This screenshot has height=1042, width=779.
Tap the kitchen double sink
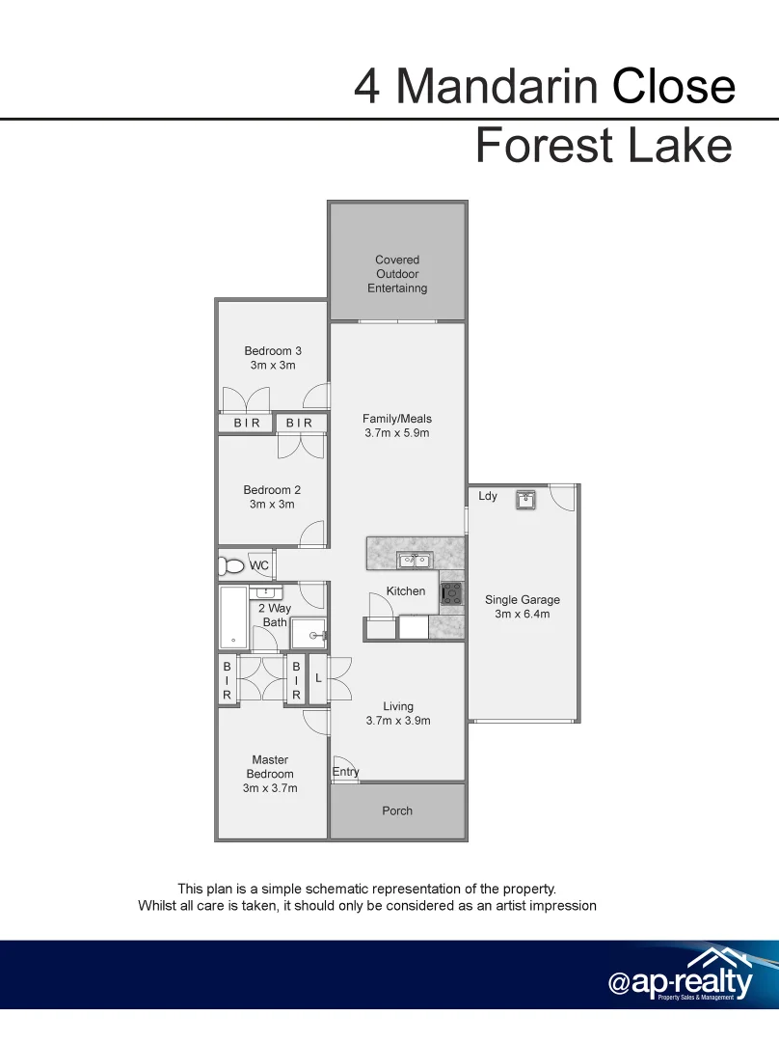tap(415, 560)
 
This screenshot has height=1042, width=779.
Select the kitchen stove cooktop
tap(451, 593)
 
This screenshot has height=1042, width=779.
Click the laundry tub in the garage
tap(525, 500)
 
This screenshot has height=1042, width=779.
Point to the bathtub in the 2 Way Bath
tap(233, 617)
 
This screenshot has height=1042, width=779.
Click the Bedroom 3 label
tap(273, 358)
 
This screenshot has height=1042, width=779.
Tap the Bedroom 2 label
tap(272, 497)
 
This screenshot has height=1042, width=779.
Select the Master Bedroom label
tap(270, 774)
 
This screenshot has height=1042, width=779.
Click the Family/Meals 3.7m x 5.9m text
tap(397, 425)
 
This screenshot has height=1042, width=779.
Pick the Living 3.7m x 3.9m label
tap(398, 713)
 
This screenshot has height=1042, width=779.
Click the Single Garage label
tap(522, 606)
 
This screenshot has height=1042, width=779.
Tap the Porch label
tap(397, 810)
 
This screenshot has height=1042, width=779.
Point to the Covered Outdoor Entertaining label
tap(397, 273)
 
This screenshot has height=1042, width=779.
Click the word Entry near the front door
tap(345, 771)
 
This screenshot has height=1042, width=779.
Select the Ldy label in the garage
tap(488, 496)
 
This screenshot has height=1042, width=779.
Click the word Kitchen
tap(406, 590)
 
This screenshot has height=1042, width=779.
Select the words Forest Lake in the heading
tap(604, 146)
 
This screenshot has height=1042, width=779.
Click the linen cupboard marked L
tap(318, 679)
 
